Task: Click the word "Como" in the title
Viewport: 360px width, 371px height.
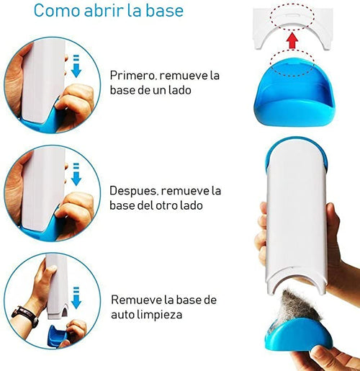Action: [x=57, y=10]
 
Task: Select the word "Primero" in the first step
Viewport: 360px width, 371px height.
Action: [x=132, y=76]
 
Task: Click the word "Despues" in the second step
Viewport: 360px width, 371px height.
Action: [x=134, y=191]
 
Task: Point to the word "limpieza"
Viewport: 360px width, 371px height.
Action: [x=159, y=314]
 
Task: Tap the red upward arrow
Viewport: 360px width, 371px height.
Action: [x=292, y=41]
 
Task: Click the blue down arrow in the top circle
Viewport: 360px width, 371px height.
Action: [x=76, y=66]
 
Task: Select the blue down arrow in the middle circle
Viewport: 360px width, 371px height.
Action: [x=76, y=174]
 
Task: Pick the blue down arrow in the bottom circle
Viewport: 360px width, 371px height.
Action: [x=76, y=298]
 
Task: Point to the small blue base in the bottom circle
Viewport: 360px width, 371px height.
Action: [x=57, y=334]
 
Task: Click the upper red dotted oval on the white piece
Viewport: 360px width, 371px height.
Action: [x=292, y=17]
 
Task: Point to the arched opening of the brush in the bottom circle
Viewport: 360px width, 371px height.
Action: [x=65, y=312]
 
